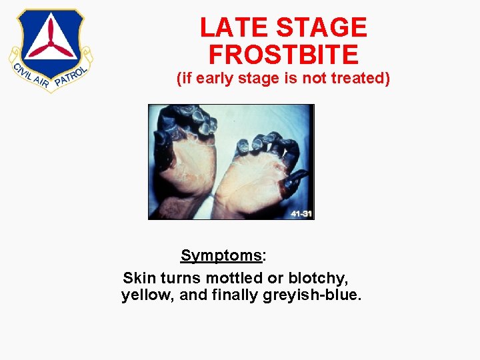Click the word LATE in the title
click(x=233, y=27)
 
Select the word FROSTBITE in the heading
click(x=283, y=54)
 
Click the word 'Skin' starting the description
click(x=139, y=277)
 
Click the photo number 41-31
click(x=301, y=213)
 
